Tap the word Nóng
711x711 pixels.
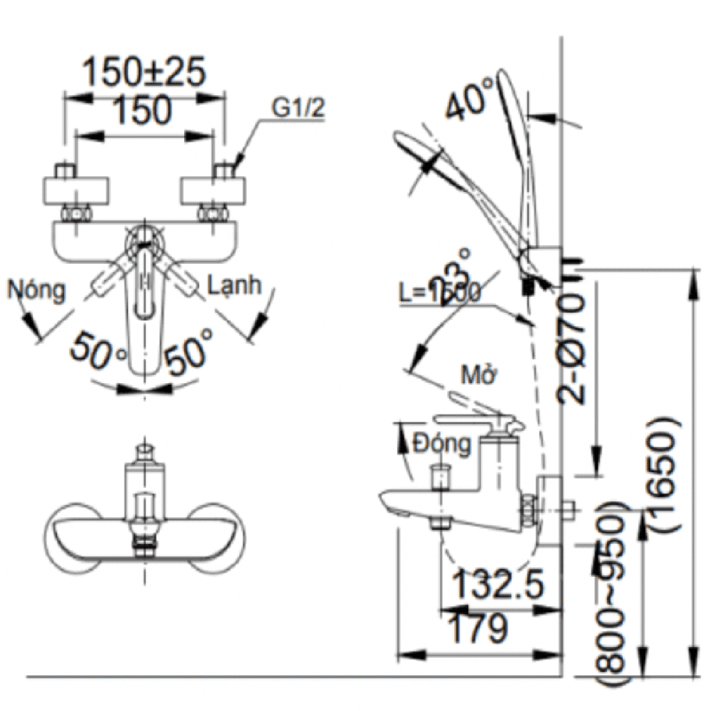(x=36, y=289)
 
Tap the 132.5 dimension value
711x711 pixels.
(x=497, y=586)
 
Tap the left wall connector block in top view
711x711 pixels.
(x=80, y=190)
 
